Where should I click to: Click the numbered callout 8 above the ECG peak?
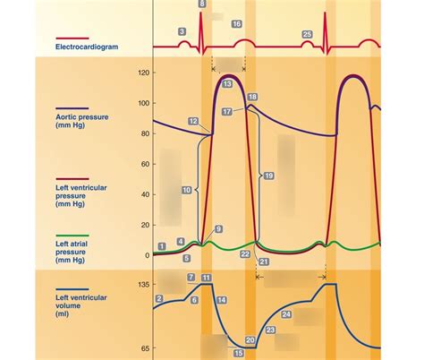(x=201, y=4)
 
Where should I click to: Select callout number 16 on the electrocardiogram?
(x=236, y=24)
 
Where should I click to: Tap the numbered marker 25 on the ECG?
(x=307, y=34)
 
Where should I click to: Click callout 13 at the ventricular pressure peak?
(x=227, y=83)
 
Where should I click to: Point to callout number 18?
(x=252, y=97)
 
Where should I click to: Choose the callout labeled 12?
(x=193, y=120)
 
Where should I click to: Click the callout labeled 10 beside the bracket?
(x=186, y=190)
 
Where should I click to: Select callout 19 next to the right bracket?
(x=268, y=176)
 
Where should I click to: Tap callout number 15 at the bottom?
(x=238, y=353)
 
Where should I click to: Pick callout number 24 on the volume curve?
(x=286, y=314)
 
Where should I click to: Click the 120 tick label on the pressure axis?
(x=142, y=73)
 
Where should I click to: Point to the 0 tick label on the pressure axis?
(x=146, y=255)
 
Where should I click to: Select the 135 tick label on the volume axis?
(x=141, y=285)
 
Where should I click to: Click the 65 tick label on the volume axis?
(x=144, y=347)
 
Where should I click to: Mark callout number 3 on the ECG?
(x=182, y=31)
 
